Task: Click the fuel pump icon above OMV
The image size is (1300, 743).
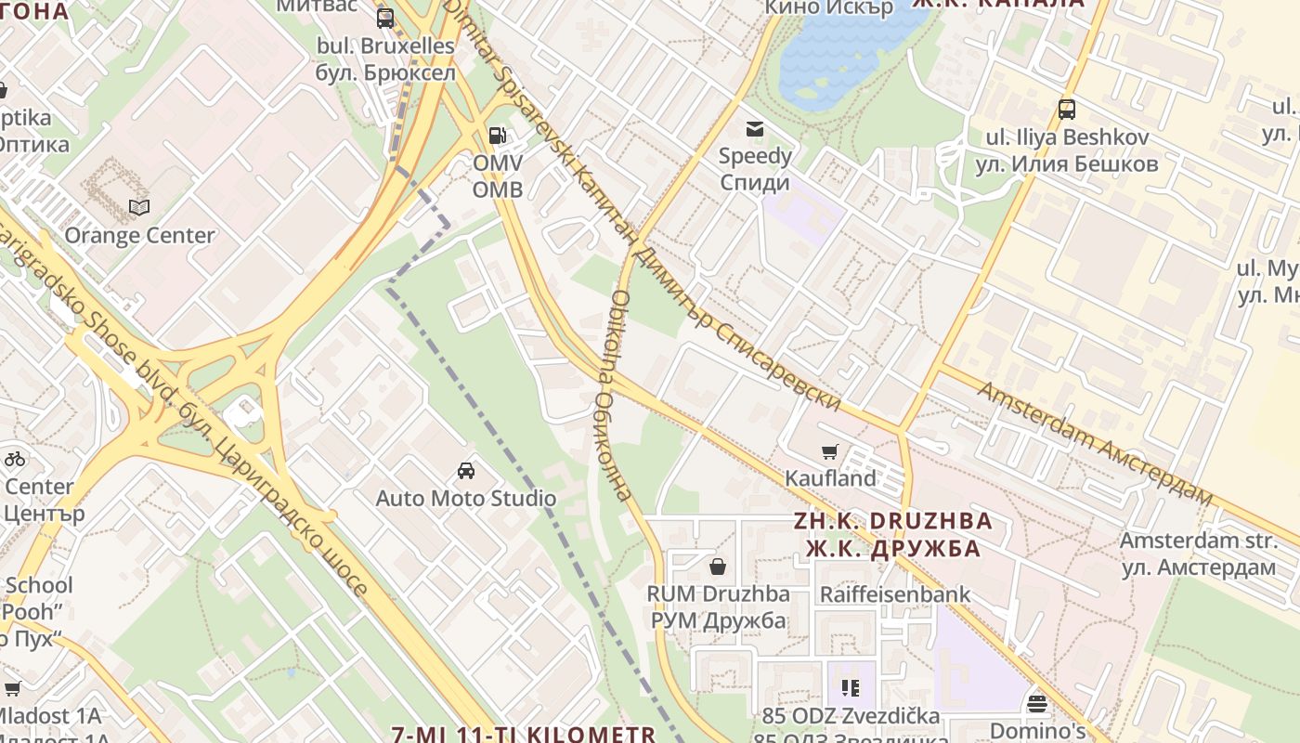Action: click(498, 136)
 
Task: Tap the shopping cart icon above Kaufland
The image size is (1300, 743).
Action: click(829, 452)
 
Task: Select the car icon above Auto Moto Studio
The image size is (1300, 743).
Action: click(466, 471)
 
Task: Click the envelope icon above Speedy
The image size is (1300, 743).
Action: click(754, 129)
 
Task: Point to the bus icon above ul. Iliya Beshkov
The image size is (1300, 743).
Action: click(1067, 110)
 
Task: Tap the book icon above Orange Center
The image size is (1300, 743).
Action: click(139, 207)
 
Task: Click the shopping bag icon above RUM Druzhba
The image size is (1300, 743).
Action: click(718, 566)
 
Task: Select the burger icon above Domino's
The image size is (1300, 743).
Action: click(1037, 703)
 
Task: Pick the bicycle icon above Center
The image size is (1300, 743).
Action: click(14, 458)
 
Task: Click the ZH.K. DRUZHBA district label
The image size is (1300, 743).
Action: click(893, 521)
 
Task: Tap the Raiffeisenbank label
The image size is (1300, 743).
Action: click(894, 594)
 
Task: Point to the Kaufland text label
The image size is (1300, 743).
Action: click(830, 478)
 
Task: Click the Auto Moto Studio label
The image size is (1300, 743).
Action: click(466, 498)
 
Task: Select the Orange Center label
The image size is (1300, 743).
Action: click(139, 235)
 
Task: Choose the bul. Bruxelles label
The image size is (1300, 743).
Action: click(386, 46)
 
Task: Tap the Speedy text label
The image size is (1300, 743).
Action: click(755, 155)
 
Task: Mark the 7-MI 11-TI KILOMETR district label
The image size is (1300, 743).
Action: click(524, 734)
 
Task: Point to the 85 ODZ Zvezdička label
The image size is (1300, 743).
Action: click(851, 716)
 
